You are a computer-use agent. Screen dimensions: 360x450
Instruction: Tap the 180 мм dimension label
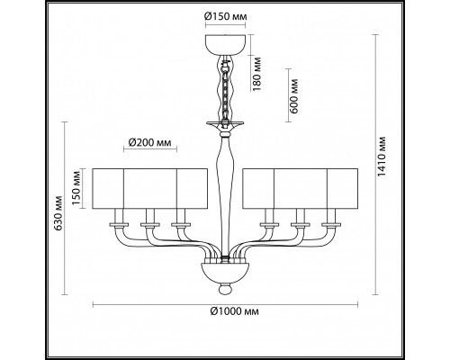click(259, 78)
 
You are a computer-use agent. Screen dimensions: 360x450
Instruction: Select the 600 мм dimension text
click(290, 90)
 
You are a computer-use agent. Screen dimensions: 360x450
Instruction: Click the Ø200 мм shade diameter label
click(148, 141)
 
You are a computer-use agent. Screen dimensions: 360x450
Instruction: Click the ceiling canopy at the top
click(224, 44)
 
